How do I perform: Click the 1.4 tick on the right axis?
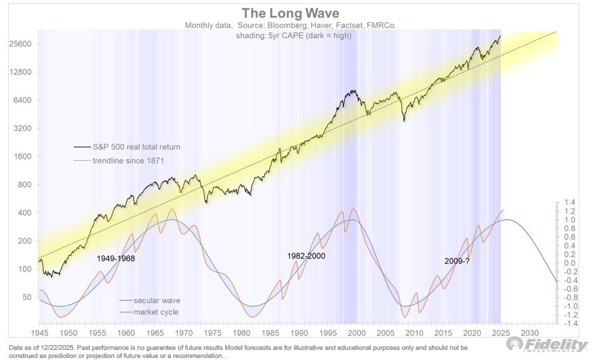571,202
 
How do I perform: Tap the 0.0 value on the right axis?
571,263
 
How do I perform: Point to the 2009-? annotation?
457,261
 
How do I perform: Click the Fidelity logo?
547,344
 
